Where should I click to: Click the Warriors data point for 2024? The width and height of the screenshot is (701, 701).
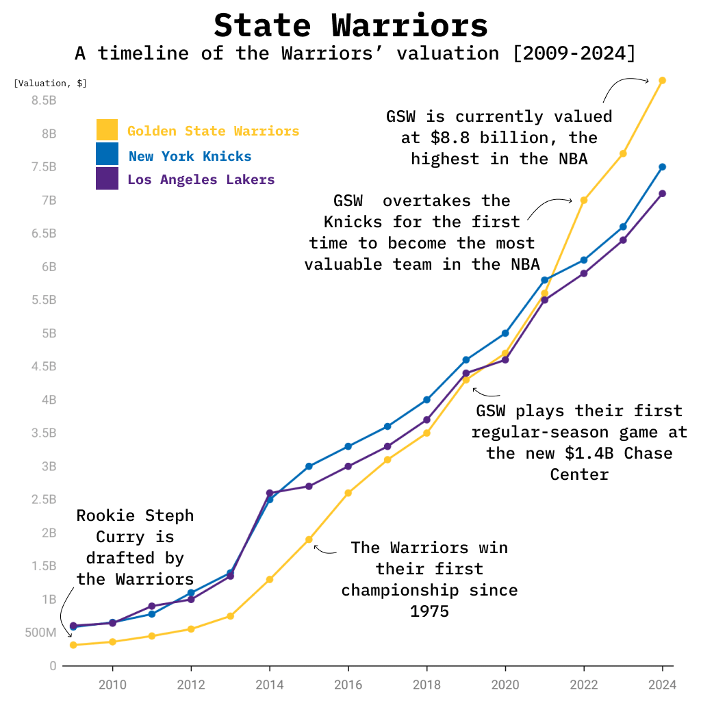click(x=662, y=81)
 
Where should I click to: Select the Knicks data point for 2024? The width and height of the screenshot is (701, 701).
click(x=662, y=167)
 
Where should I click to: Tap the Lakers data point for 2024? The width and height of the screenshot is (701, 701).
click(x=662, y=194)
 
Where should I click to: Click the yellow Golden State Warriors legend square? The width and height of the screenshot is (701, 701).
click(x=107, y=130)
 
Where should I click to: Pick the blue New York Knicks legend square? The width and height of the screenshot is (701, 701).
click(x=107, y=155)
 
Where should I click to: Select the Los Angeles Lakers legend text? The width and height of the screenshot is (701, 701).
click(x=201, y=180)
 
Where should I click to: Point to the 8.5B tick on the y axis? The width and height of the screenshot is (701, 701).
click(x=43, y=101)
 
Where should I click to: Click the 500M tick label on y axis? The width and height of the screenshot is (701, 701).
click(x=40, y=633)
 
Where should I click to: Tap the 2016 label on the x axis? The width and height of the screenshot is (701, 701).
click(x=348, y=685)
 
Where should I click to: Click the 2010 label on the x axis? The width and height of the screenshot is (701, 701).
click(x=112, y=685)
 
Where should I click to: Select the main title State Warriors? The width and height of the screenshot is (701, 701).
click(x=350, y=25)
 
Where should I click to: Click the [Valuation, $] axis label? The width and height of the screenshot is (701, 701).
click(x=50, y=84)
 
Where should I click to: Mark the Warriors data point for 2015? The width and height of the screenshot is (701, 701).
click(x=309, y=540)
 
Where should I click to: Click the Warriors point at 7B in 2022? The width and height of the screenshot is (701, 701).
click(x=583, y=201)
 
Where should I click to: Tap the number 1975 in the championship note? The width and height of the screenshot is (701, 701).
click(x=429, y=611)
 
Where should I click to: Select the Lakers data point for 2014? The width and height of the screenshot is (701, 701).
click(x=270, y=493)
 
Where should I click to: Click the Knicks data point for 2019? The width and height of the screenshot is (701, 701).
click(x=466, y=360)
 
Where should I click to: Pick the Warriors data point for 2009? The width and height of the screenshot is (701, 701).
click(x=73, y=646)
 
